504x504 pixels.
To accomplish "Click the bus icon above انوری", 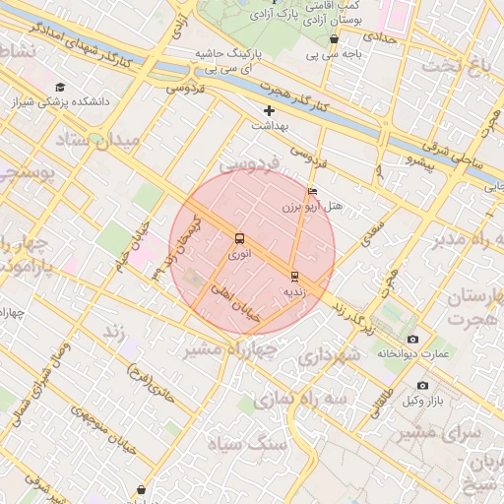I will (x=239, y=238).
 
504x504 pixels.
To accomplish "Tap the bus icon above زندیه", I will (x=294, y=276).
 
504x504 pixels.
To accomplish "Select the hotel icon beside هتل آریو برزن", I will (x=313, y=191).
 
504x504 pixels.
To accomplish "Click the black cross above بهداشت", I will (x=269, y=110).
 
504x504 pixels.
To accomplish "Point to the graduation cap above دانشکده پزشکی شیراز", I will (x=60, y=87).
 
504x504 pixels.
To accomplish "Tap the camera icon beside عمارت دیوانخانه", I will (x=412, y=339).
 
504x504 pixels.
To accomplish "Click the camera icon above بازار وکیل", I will (x=422, y=385).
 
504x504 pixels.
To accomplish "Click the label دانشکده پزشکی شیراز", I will (x=61, y=100).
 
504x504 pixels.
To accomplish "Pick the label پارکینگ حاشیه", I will (x=225, y=53).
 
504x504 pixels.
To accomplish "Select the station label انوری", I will (x=239, y=253).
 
